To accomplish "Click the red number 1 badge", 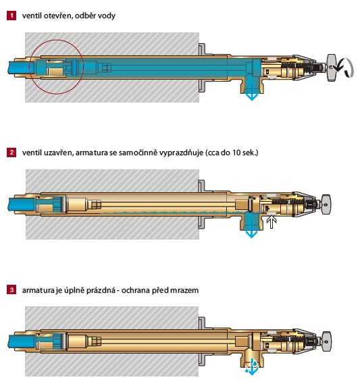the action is (x=11, y=16).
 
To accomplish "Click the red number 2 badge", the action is (x=11, y=152).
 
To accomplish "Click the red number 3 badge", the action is (x=11, y=290).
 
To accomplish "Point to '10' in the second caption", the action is (x=236, y=152).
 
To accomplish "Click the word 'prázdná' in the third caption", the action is (x=101, y=290).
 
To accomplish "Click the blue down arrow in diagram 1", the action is (x=252, y=92).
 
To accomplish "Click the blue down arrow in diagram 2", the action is (x=252, y=230).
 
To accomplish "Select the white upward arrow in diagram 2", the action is (x=272, y=223).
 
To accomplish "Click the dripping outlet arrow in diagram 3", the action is (x=252, y=367).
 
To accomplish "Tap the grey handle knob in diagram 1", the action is (x=332, y=67).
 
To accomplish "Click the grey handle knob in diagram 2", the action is (x=326, y=204).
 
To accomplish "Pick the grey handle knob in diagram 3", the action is (x=326, y=341).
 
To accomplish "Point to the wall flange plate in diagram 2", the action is (x=201, y=204).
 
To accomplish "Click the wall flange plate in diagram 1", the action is (x=201, y=67).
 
